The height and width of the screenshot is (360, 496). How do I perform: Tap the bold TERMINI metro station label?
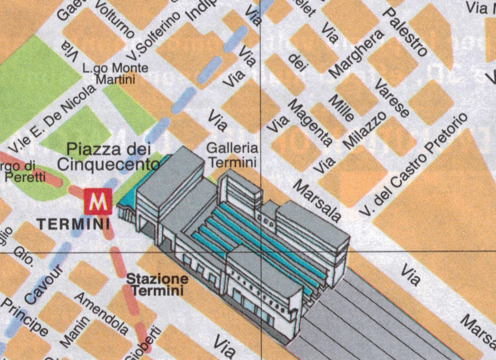[x=73, y=224]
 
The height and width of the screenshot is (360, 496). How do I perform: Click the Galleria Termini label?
[x=232, y=154]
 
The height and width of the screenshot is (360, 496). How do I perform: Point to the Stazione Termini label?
[x=157, y=284]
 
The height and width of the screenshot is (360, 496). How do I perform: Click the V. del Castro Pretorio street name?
[x=415, y=164]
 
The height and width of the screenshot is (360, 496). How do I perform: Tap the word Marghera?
[x=357, y=53]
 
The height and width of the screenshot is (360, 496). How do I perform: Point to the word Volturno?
[x=115, y=21]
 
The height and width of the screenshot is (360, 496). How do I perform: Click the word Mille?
[x=341, y=108]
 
